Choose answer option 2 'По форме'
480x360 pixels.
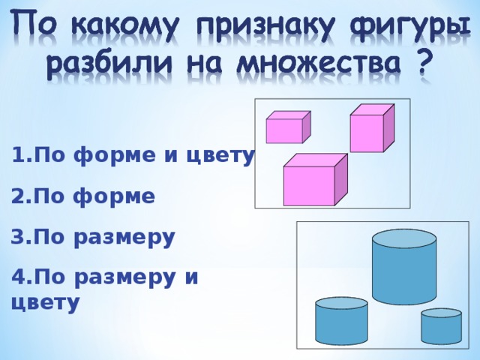pyautogui.click(x=84, y=196)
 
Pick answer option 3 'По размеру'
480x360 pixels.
pyautogui.click(x=93, y=238)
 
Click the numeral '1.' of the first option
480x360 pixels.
pyautogui.click(x=20, y=156)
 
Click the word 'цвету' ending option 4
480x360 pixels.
pyautogui.click(x=45, y=303)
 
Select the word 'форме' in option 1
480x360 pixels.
pyautogui.click(x=114, y=156)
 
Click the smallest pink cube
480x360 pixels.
pyautogui.click(x=286, y=129)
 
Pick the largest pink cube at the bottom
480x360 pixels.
pyautogui.click(x=310, y=182)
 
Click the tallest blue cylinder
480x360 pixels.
pyautogui.click(x=404, y=270)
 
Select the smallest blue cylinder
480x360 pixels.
pyautogui.click(x=441, y=327)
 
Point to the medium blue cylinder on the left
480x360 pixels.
pyautogui.click(x=341, y=322)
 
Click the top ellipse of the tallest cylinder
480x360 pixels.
pyautogui.click(x=404, y=238)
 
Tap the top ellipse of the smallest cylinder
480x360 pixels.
pyautogui.click(x=441, y=313)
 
